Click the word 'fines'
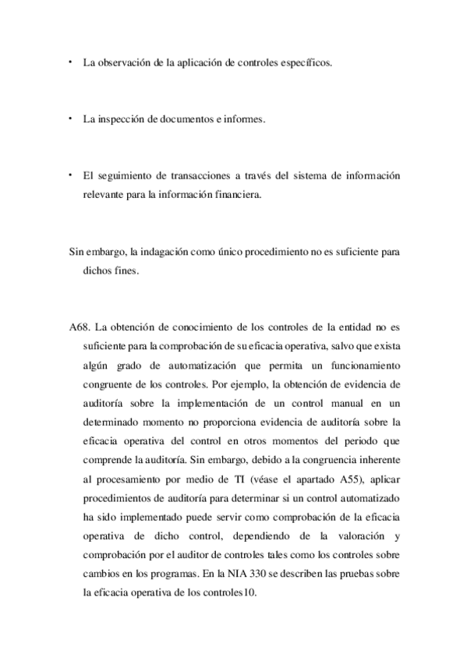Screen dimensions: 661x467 126,270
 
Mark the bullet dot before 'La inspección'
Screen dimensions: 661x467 69,118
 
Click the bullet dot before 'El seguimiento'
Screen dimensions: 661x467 69,175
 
